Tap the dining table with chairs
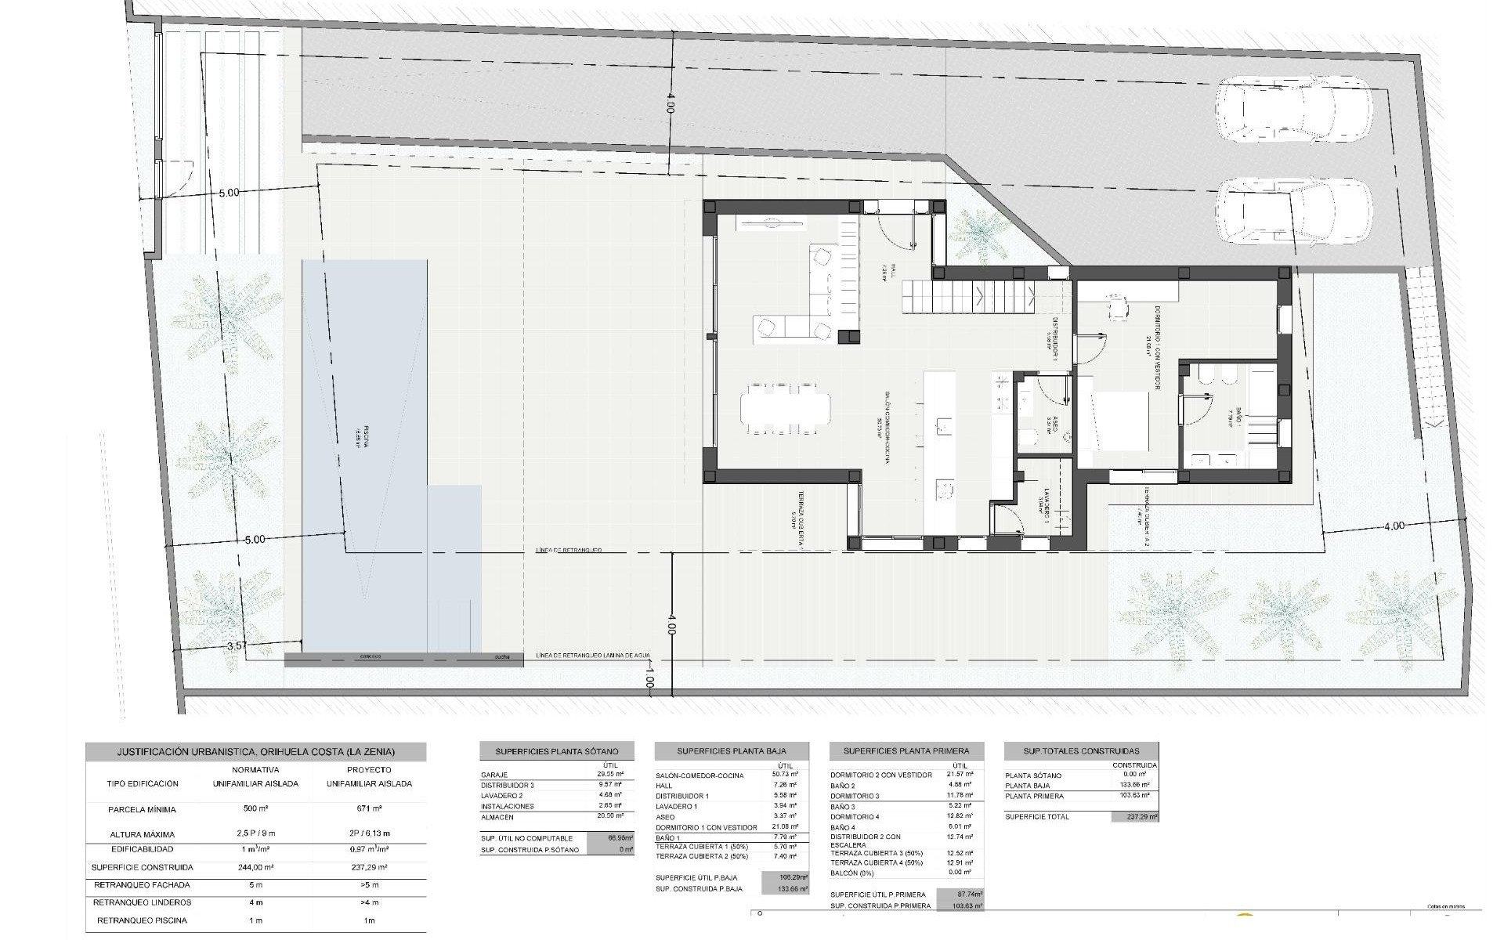pyautogui.click(x=786, y=407)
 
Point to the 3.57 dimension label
pyautogui.click(x=236, y=646)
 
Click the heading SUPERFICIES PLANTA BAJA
pyautogui.click(x=732, y=750)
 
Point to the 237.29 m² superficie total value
pyautogui.click(x=1134, y=816)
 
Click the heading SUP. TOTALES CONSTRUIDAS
pyautogui.click(x=1081, y=750)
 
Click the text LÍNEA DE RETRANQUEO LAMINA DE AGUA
pyautogui.click(x=593, y=656)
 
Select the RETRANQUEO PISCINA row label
pyautogui.click(x=141, y=920)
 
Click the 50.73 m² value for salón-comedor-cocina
pyautogui.click(x=784, y=775)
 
